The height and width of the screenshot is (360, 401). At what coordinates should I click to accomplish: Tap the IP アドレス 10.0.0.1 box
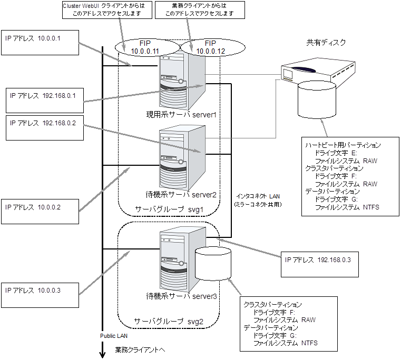pos(40,42)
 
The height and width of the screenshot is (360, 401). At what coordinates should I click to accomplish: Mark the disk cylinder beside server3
pos(213,264)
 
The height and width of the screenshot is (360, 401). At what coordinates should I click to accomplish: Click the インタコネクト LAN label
pos(258,196)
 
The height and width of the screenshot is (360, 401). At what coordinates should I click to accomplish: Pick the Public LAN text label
pos(114,335)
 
